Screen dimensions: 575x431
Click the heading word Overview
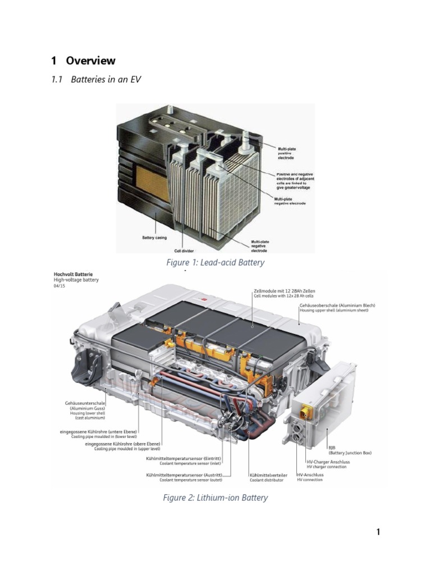(x=90, y=61)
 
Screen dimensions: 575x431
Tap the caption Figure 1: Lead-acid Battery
(x=215, y=262)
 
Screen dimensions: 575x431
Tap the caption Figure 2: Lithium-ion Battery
(x=215, y=498)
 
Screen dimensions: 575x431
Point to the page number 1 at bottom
(x=378, y=532)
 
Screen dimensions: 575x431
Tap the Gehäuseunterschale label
(x=85, y=403)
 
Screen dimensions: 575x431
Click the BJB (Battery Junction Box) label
(x=349, y=450)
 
